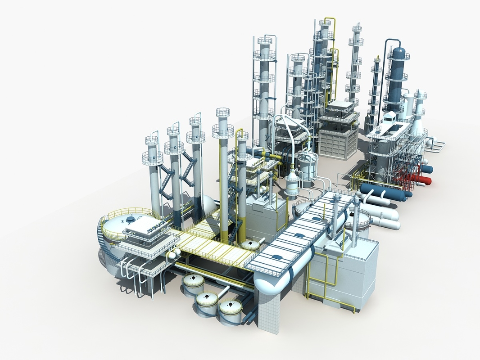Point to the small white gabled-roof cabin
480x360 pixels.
point(389,117)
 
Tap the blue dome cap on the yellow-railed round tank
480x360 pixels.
point(130,219)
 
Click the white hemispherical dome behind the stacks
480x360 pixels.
point(208,203)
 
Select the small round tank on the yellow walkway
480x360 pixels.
point(249,245)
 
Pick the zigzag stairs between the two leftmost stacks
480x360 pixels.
point(165,182)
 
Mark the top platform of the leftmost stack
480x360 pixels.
point(152,140)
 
